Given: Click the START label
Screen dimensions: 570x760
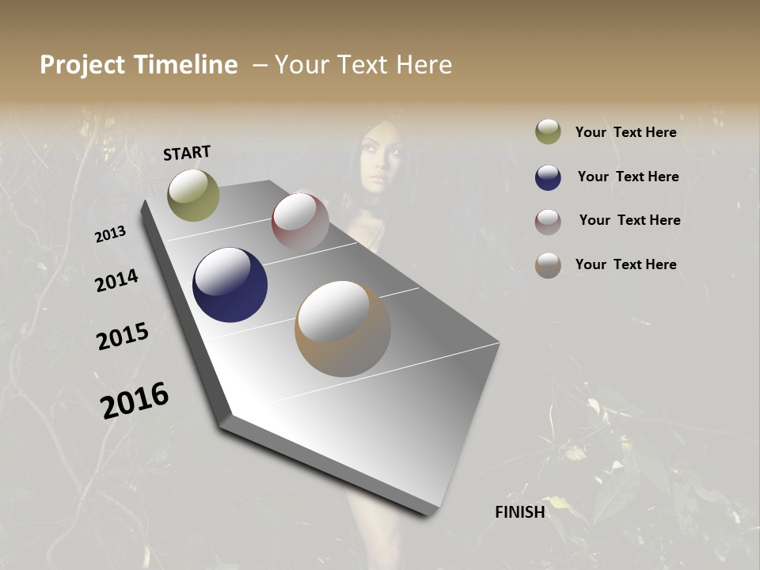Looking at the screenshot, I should coord(187,153).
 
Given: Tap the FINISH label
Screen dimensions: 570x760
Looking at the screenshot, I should coord(519,512).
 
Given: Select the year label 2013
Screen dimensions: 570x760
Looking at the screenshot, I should coord(110,234).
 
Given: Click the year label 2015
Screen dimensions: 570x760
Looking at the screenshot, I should coord(123,336).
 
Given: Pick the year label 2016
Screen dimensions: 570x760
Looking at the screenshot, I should coord(135,401).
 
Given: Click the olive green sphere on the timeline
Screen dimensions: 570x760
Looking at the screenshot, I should coord(193,195).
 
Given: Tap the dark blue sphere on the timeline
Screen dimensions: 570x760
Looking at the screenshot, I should coord(230,285).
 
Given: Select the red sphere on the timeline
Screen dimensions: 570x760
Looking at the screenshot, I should coord(300,221).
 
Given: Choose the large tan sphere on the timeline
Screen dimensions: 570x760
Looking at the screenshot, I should coord(343,329).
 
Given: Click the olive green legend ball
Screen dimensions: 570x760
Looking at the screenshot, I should coord(548,131).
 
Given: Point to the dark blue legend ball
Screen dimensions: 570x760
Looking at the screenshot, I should coord(548,177).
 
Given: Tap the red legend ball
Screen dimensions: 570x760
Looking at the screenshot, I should coord(548,222).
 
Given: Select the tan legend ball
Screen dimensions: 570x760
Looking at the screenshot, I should coord(548,265).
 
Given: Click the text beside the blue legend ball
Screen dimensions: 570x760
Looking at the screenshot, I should coord(628,177).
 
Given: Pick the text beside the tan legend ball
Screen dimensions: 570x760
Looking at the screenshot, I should coord(625,264).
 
